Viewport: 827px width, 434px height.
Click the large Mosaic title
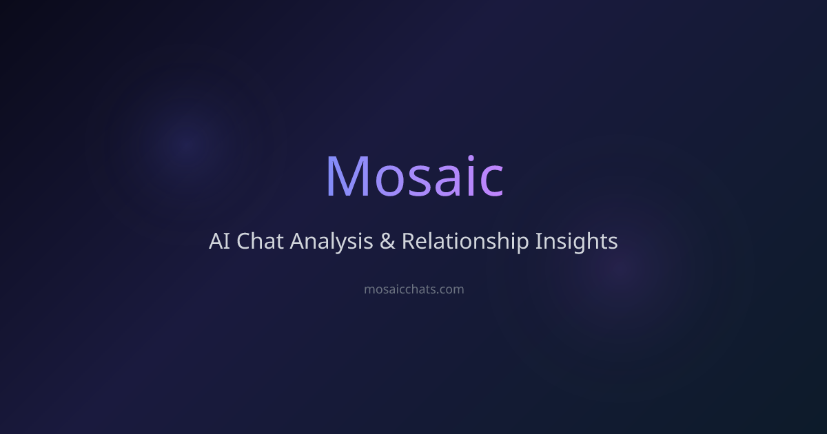click(x=414, y=177)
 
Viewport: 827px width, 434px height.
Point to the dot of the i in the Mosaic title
click(x=471, y=158)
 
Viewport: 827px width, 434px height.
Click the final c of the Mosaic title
click(x=492, y=182)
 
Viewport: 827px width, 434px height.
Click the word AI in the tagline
click(x=220, y=241)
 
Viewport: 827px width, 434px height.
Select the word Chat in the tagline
click(x=260, y=241)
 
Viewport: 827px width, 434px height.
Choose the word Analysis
click(x=331, y=243)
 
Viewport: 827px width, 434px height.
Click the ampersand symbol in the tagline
click(x=387, y=241)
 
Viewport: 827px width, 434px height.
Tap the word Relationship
click(x=465, y=243)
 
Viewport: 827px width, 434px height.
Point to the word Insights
click(x=576, y=243)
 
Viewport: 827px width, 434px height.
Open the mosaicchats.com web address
click(x=414, y=289)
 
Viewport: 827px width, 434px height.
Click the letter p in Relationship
click(x=522, y=245)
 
